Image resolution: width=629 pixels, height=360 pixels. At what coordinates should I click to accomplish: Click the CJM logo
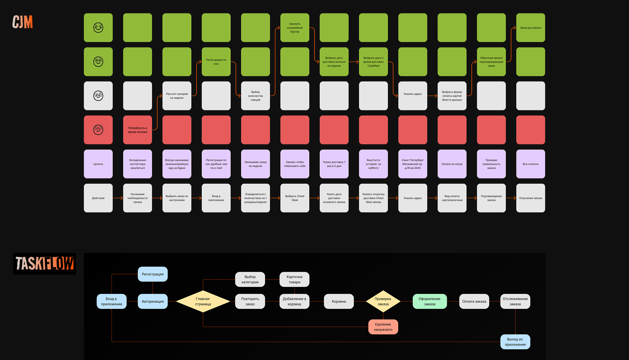pos(23,22)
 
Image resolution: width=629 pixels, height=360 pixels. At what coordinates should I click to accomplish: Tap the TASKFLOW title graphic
pos(45,264)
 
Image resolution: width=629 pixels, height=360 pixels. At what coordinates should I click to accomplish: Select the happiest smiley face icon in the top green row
pos(98,28)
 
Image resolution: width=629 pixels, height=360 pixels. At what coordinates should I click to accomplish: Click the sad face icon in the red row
pos(98,130)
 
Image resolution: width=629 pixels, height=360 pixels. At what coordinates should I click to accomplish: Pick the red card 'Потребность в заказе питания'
pos(138,130)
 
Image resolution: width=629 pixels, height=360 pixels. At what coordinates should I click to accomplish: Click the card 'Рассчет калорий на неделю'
pos(177,96)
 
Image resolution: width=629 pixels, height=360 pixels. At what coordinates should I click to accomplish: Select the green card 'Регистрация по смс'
pos(216,62)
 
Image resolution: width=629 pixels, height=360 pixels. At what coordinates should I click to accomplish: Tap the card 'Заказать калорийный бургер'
pos(295,28)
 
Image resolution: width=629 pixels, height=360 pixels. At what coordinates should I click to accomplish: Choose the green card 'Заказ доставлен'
pos(531,28)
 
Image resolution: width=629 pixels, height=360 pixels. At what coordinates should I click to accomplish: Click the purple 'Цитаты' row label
pos(98,164)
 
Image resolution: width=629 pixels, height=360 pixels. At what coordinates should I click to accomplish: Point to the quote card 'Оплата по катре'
pos(452,164)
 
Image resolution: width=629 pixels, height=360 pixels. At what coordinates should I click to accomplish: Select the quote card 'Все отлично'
pos(531,164)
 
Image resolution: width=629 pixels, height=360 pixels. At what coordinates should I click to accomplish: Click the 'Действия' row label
pos(98,198)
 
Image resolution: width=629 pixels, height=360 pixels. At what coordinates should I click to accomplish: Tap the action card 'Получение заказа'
pos(531,198)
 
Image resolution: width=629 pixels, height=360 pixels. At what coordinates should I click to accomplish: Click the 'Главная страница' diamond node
pos(203,301)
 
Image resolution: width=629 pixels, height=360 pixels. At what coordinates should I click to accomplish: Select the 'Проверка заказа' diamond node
pos(383,301)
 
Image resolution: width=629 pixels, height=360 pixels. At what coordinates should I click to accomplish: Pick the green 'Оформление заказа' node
pos(429,301)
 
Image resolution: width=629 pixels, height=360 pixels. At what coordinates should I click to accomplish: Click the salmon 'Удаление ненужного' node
pos(383,327)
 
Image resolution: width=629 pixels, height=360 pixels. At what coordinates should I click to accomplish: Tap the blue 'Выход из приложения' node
pos(515,342)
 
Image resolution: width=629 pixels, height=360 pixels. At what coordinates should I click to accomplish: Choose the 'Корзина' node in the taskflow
pos(339,301)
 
